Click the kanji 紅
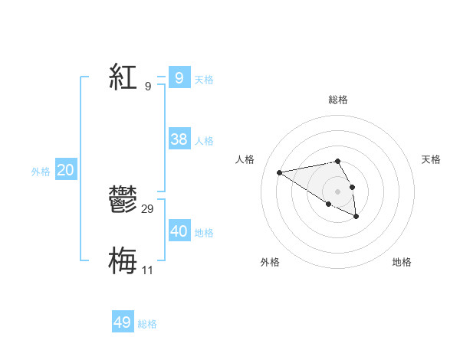(123, 77)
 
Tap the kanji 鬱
(123, 201)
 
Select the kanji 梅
(123, 260)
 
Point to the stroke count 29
(148, 209)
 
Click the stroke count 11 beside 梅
(147, 270)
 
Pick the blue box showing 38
(179, 139)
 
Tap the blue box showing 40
(179, 231)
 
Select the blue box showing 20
(66, 170)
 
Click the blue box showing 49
(123, 322)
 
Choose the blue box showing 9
(179, 77)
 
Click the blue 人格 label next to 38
(204, 141)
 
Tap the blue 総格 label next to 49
(147, 324)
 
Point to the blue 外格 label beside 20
(41, 172)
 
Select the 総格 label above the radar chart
(337, 100)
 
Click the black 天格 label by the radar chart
(431, 159)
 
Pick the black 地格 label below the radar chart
(402, 262)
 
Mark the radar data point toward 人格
(279, 172)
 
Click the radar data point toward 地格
(356, 217)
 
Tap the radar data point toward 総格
(337, 161)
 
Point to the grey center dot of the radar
(337, 191)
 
